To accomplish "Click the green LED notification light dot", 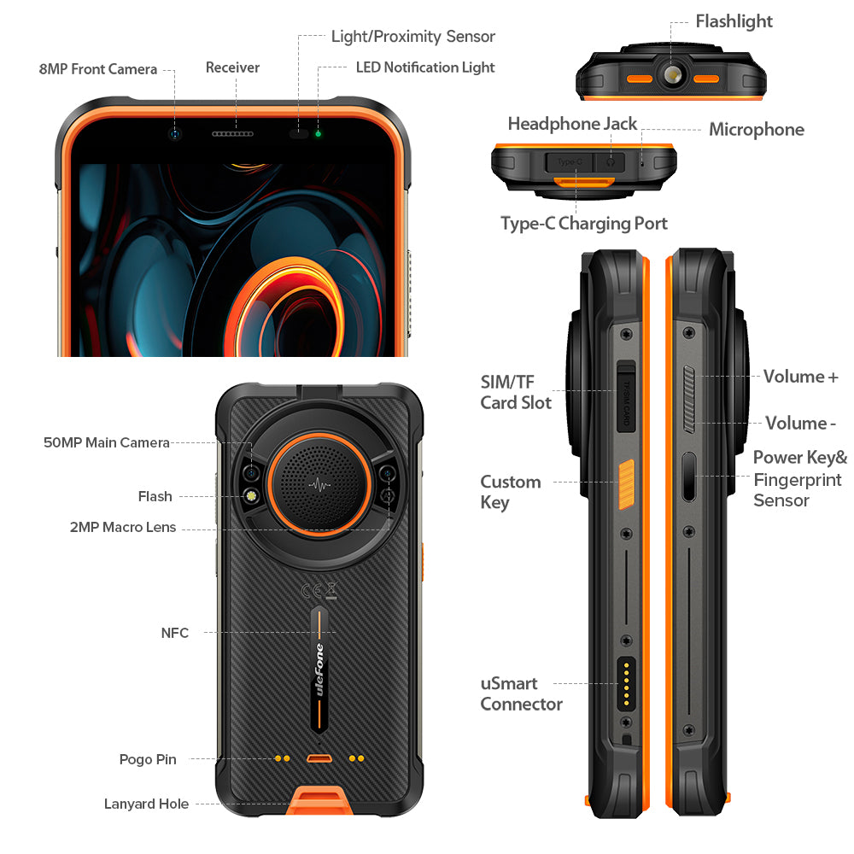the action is tap(318, 134).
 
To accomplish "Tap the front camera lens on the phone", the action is tap(175, 134).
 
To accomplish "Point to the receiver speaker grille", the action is tap(232, 134).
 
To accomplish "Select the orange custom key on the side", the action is tap(626, 484).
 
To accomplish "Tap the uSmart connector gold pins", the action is tap(626, 683).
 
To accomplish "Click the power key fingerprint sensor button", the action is tap(689, 476).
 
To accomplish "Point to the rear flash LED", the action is tap(252, 496).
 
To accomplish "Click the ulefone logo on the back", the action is tap(319, 670).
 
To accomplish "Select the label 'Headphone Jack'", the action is tap(572, 124).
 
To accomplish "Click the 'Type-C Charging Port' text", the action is tap(584, 223).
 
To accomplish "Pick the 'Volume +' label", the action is tap(801, 377).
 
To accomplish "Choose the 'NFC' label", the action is tap(175, 633).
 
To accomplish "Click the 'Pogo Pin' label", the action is tap(148, 759).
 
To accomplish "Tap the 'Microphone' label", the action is tap(757, 130).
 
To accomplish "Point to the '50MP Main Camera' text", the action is tap(107, 442).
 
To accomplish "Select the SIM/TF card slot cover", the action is tap(626, 396).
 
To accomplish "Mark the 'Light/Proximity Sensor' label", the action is tap(413, 37).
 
